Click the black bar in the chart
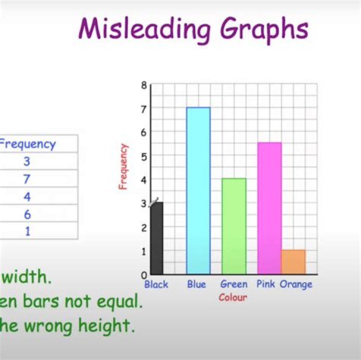coord(157,238)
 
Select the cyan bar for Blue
coord(198,191)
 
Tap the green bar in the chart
coord(234,226)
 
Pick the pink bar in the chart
coord(269,208)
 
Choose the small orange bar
coord(293,262)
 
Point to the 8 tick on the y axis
coord(144,85)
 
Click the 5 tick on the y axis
coord(144,156)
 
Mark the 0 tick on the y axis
coord(144,275)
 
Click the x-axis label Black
coord(156,285)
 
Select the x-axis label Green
coord(234,285)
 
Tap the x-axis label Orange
coord(296,285)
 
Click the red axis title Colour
coord(233,297)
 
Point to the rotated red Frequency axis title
coord(123,167)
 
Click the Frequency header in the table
coord(28,144)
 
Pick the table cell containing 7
coord(27,179)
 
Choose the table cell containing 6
coord(27,214)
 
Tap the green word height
coord(108,326)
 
